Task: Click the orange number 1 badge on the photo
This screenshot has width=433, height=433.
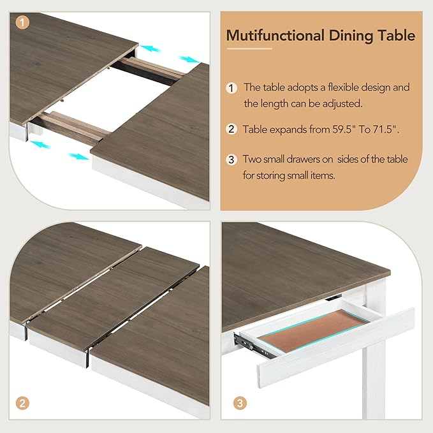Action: point(22,22)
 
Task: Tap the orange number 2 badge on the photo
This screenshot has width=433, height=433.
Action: point(22,402)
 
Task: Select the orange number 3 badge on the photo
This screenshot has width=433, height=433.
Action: point(239,402)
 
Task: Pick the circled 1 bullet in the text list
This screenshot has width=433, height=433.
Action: point(231,87)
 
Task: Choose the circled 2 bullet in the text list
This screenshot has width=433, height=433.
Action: point(231,129)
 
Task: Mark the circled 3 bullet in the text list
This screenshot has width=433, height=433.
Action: point(231,159)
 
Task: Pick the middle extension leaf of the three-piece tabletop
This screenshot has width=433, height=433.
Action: point(108,300)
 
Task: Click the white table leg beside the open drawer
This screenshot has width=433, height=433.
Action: point(376,383)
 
